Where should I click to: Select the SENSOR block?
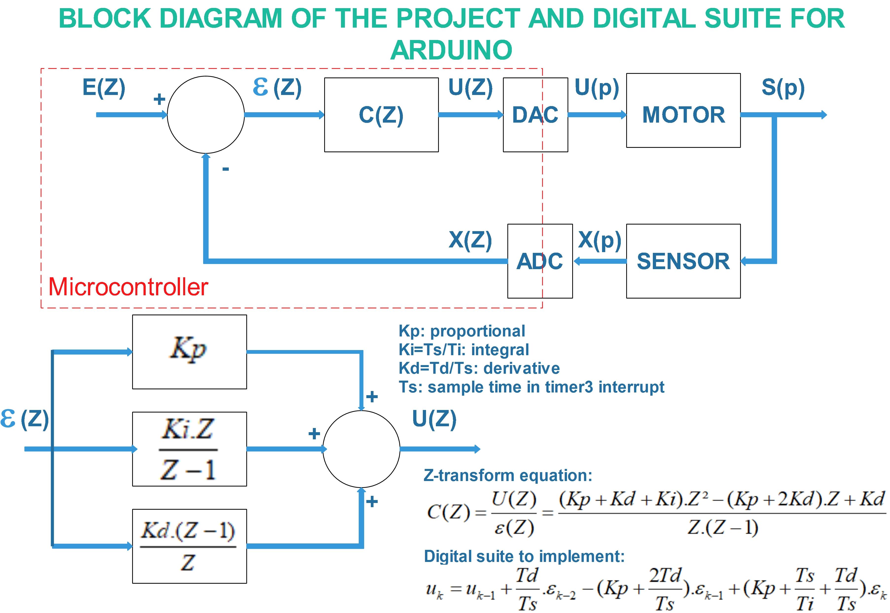pos(683,261)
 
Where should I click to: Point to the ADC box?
pos(540,261)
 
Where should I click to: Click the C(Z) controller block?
pos(381,115)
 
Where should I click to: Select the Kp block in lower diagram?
pos(189,352)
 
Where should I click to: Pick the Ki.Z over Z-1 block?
pos(189,449)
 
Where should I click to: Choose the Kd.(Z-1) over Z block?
pos(189,546)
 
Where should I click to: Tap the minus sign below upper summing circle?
pos(226,169)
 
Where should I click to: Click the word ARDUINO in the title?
pos(451,50)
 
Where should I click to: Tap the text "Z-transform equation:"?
pos(508,476)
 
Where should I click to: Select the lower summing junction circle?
pos(361,449)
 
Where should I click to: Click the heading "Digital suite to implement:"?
pos(524,556)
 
